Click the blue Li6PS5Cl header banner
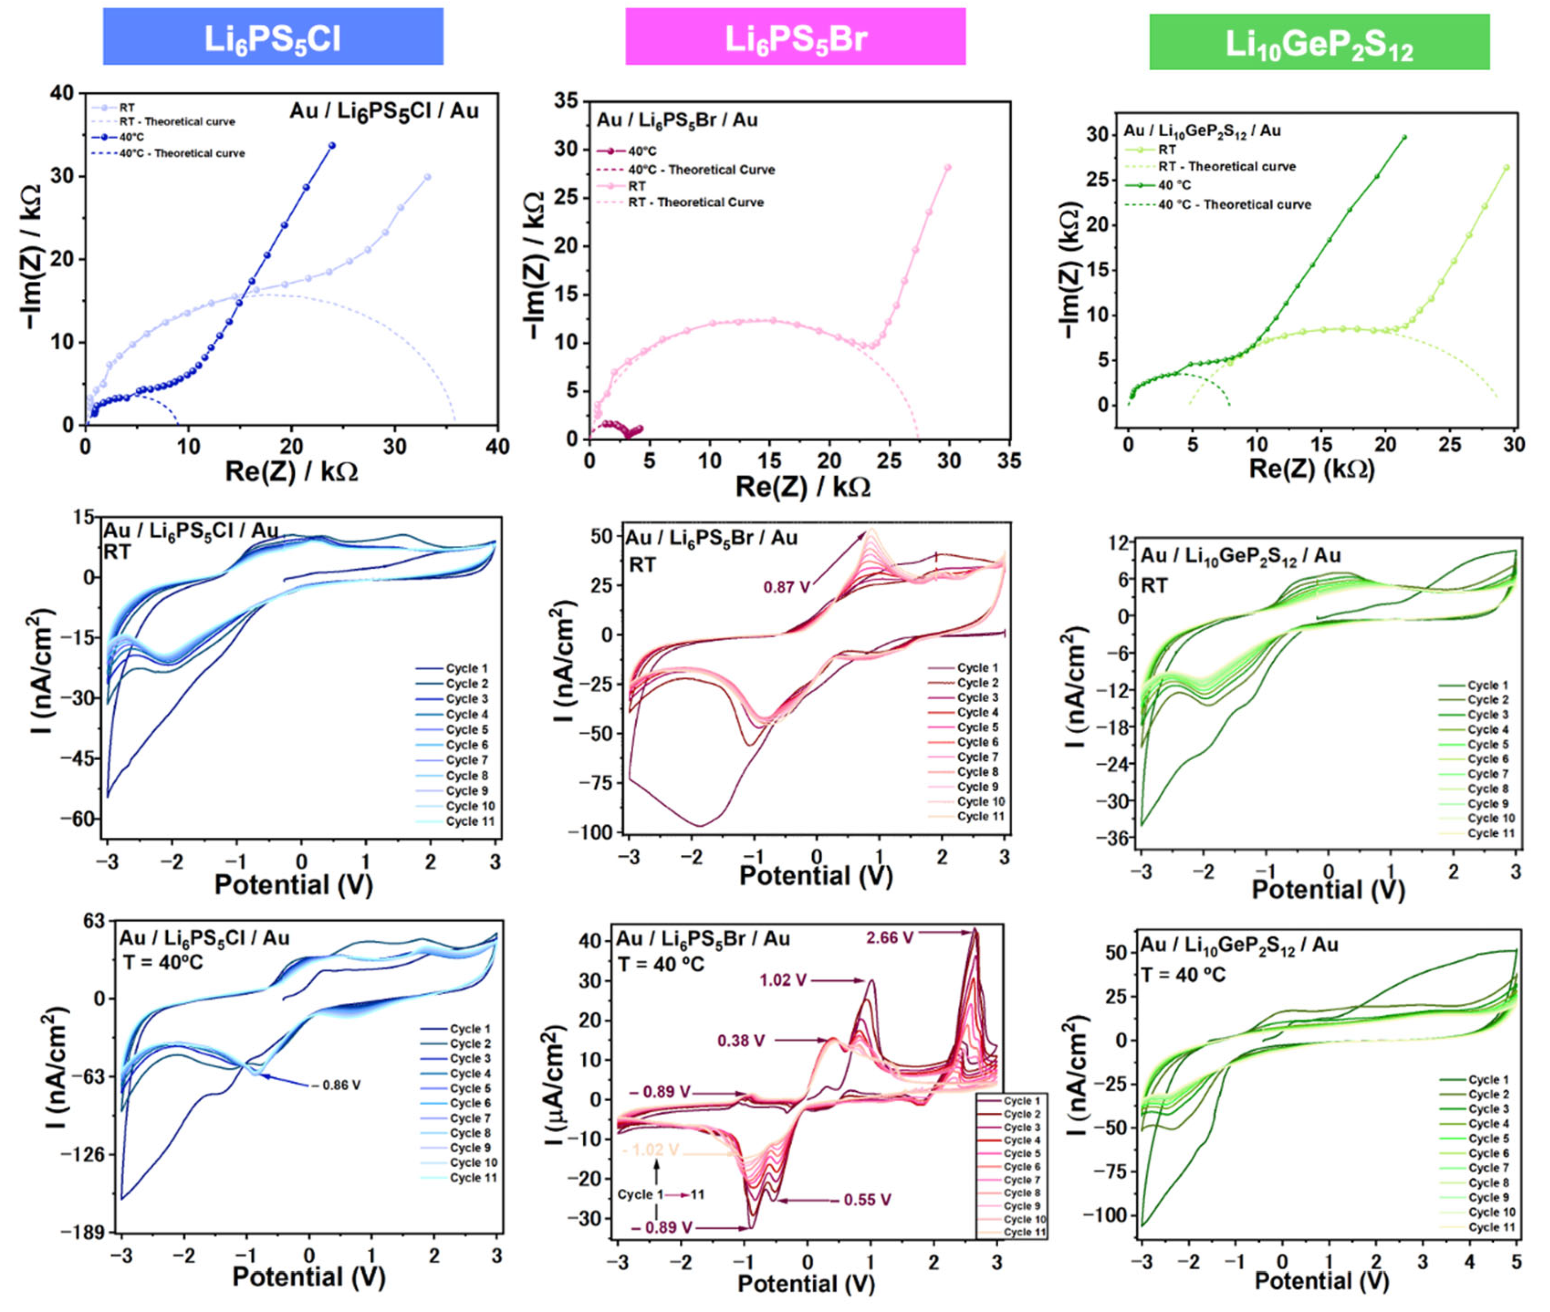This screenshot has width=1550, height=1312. [273, 36]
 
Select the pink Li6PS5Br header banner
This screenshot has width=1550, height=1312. [795, 36]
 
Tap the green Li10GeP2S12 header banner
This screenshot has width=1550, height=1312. [1319, 42]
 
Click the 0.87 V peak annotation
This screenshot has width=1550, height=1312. [786, 588]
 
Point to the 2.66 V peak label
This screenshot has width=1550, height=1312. [890, 938]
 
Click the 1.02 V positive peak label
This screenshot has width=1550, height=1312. [783, 980]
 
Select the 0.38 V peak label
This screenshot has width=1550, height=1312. [741, 1040]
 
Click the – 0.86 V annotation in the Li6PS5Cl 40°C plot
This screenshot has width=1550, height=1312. [336, 1085]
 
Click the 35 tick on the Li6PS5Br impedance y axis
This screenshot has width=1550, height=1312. [567, 101]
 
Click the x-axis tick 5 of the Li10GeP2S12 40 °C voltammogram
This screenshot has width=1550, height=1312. [1517, 1262]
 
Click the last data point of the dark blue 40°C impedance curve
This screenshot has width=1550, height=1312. [332, 146]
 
